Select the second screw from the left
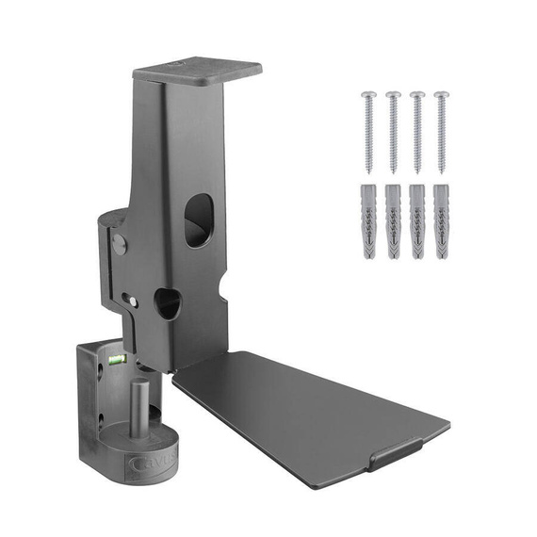tap(393, 132)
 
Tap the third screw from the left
tap(416, 132)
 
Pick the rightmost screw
tap(440, 132)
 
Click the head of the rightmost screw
tap(440, 95)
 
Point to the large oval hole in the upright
tap(198, 220)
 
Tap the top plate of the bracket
tap(197, 71)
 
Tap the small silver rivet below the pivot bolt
tap(134, 301)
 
